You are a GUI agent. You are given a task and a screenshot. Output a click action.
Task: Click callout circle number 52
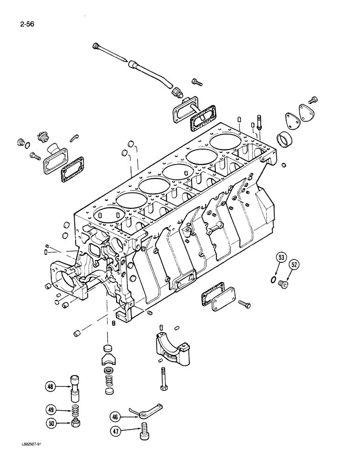click(294, 264)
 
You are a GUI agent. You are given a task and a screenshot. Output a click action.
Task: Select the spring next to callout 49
click(74, 411)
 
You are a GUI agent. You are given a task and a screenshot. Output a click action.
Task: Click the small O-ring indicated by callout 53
click(272, 280)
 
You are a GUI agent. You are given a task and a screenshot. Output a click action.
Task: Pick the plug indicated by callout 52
click(283, 283)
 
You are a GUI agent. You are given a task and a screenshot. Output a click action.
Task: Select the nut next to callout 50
click(74, 423)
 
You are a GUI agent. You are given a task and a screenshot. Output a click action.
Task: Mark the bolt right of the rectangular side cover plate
click(244, 304)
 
